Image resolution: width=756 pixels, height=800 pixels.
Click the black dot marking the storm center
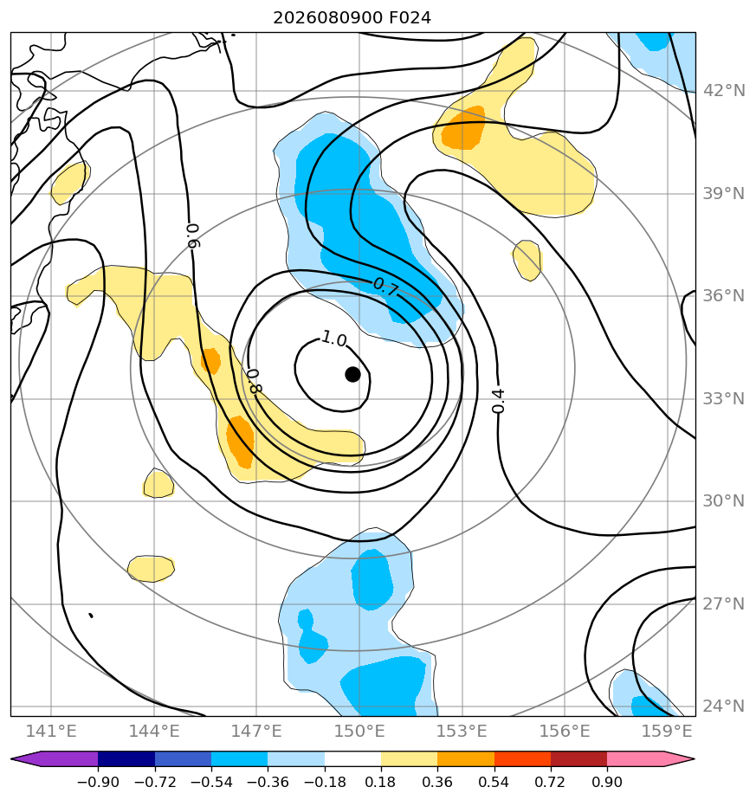[352, 375]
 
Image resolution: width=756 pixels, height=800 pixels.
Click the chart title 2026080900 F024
[352, 18]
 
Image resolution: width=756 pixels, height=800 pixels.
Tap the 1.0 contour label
[334, 339]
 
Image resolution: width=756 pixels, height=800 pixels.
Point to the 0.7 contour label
[385, 287]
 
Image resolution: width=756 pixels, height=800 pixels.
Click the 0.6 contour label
[193, 235]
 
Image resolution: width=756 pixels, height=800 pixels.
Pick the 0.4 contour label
[498, 401]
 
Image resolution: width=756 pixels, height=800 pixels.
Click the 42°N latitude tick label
[724, 91]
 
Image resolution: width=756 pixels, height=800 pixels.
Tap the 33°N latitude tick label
[724, 398]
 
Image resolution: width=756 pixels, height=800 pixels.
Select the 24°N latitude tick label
[724, 706]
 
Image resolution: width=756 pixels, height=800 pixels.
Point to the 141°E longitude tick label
[51, 731]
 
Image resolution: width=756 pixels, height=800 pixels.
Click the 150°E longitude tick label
[359, 731]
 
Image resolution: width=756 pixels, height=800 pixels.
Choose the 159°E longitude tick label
[667, 731]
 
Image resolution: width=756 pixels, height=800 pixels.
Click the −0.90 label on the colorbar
[98, 782]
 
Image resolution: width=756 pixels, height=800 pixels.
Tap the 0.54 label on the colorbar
[494, 782]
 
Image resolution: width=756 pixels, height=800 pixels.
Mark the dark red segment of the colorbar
[578, 758]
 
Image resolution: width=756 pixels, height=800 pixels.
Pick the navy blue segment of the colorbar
[126, 758]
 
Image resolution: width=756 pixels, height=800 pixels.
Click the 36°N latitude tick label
[724, 296]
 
